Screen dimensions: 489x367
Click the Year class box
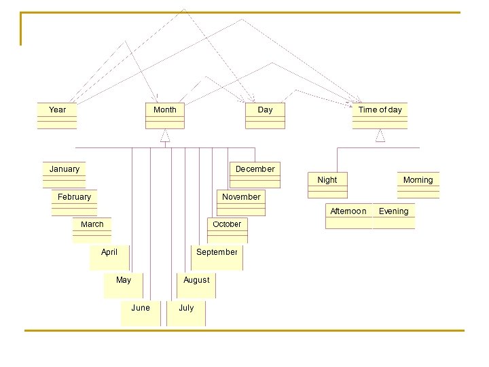(x=57, y=116)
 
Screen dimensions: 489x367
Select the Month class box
(x=164, y=116)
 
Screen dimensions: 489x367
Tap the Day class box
(x=265, y=116)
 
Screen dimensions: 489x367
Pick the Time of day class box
(x=380, y=116)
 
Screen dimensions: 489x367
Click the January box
(x=65, y=175)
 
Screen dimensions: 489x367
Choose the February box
(x=74, y=203)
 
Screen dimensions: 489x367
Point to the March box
(x=92, y=230)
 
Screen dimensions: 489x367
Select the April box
(x=109, y=257)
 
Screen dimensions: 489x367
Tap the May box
(x=123, y=285)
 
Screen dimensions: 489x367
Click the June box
(x=141, y=313)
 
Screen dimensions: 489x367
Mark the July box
(x=186, y=313)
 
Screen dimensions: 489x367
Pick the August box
(x=197, y=285)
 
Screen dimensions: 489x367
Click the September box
(x=217, y=257)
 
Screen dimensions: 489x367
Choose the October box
(x=227, y=230)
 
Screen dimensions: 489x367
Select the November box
(x=241, y=203)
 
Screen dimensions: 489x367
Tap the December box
(x=255, y=175)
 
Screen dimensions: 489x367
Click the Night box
(x=327, y=185)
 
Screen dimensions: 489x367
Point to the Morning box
(x=418, y=185)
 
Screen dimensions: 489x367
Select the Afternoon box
(x=348, y=216)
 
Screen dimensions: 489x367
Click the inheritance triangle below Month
(x=165, y=136)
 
